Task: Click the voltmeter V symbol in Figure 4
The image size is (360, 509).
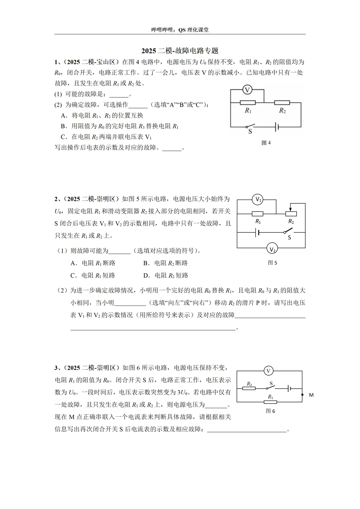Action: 247,90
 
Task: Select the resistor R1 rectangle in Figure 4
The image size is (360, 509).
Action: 248,103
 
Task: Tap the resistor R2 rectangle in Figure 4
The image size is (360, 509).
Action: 282,103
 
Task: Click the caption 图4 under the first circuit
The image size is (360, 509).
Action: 266,143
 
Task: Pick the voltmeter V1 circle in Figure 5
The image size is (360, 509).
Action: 258,200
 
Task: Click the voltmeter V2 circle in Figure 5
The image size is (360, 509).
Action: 272,248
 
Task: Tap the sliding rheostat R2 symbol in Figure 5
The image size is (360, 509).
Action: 291,214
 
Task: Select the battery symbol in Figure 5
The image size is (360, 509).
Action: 257,232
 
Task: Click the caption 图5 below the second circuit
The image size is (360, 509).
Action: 272,263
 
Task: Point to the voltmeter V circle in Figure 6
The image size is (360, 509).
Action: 268,371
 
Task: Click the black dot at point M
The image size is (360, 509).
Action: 302,395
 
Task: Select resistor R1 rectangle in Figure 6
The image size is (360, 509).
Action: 270,402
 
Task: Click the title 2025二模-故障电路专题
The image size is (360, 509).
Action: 180,51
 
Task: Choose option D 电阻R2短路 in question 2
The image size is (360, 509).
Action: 166,275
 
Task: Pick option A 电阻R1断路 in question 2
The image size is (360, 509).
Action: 93,263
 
